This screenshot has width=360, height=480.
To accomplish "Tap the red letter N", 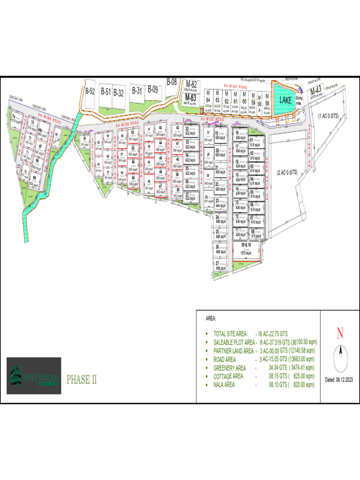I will click(340, 334).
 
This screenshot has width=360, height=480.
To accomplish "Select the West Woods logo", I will click(34, 375).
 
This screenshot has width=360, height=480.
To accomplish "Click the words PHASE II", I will click(82, 379).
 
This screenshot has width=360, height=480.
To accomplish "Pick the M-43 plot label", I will click(315, 90).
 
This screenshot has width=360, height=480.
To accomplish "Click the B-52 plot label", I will click(90, 91).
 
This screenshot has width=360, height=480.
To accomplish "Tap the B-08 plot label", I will click(172, 82).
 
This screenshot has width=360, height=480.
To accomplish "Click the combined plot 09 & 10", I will click(246, 248).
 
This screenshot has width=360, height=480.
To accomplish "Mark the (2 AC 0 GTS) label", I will click(287, 172).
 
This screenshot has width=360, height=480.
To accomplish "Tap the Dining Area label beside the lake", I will click(298, 100).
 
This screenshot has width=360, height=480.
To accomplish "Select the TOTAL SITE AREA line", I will click(253, 334).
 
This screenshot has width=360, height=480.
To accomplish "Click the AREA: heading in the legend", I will click(211, 318).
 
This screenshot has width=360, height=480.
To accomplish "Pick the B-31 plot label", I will click(137, 90).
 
